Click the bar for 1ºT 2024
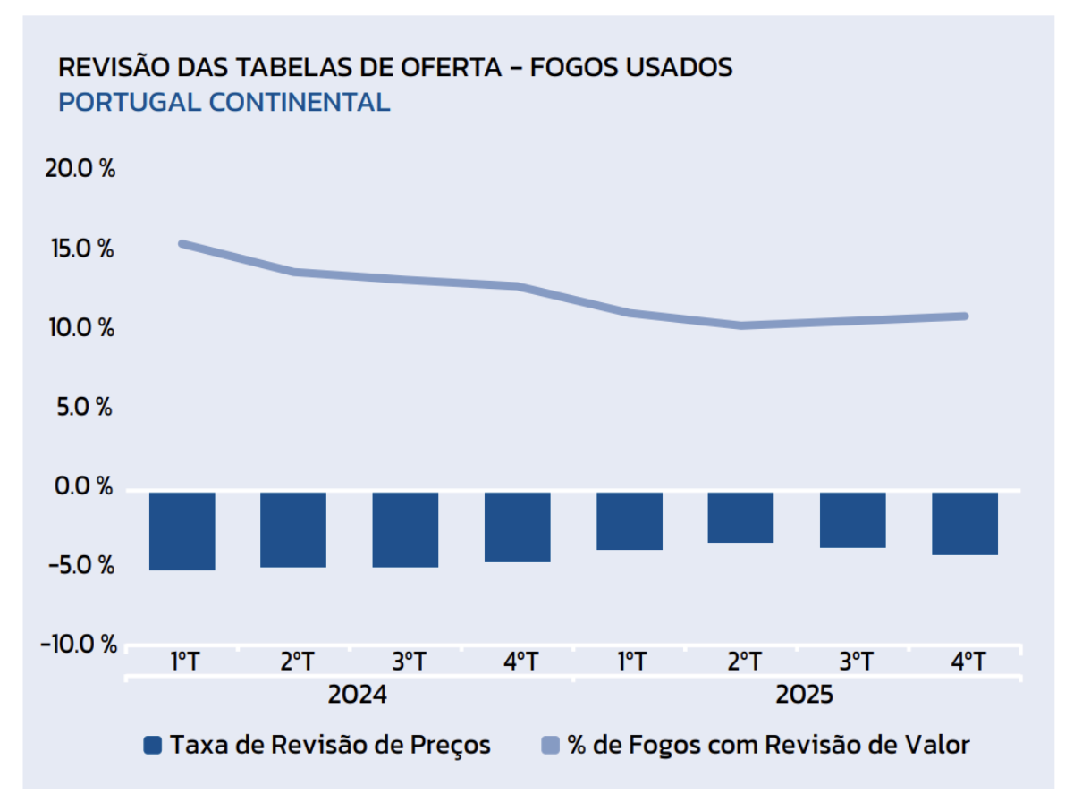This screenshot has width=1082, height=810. (182, 530)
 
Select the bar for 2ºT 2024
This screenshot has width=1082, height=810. (293, 528)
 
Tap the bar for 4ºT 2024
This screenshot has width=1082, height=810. (517, 527)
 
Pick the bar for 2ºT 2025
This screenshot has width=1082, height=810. (740, 517)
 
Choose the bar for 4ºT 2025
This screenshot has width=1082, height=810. (964, 523)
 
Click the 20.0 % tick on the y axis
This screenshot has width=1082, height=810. (80, 169)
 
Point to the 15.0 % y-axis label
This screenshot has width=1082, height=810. (80, 249)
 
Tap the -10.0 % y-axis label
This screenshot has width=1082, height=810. (79, 645)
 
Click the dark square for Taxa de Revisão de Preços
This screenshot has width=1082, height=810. (153, 746)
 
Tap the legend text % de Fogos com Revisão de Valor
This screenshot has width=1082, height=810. (768, 745)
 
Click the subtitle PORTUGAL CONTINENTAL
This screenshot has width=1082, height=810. (224, 102)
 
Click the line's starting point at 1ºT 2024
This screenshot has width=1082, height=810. (182, 244)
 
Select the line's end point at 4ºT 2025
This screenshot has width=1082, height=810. (964, 316)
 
